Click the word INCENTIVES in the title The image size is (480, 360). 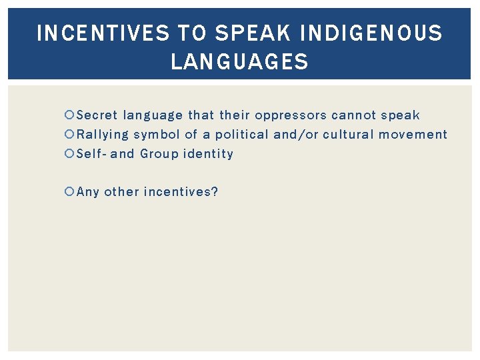103,33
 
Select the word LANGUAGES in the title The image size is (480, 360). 240,63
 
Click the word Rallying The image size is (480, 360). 103,135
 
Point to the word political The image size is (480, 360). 241,135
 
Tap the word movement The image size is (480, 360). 413,135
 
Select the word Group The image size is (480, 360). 159,154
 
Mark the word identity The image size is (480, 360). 209,154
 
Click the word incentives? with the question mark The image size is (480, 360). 181,193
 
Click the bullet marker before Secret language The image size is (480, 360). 71,115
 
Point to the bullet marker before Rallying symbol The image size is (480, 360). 71,135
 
